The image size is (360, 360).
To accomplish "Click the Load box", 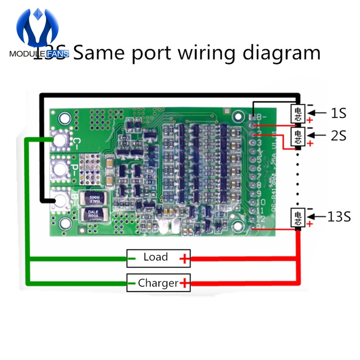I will click(x=158, y=258).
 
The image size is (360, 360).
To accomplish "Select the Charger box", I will click(x=158, y=283).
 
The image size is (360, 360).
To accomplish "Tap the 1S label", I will click(x=338, y=114).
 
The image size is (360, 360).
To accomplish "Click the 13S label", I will click(x=339, y=217).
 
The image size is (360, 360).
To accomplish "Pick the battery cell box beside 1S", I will click(x=298, y=113).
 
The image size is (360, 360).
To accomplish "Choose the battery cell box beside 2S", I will click(x=298, y=136).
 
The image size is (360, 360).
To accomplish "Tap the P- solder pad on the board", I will click(x=60, y=167).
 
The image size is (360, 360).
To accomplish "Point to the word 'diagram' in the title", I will click(x=281, y=53).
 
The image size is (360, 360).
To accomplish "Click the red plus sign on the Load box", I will click(x=184, y=258).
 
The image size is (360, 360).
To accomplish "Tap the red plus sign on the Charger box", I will click(x=185, y=283).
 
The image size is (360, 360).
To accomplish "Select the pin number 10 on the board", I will click(x=261, y=202).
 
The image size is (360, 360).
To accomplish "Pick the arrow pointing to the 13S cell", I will click(x=316, y=217).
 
